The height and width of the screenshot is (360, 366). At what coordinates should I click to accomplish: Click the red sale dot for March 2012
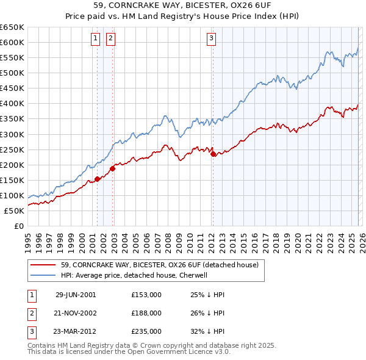213,154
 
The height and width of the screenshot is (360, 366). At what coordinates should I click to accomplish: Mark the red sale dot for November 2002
112,168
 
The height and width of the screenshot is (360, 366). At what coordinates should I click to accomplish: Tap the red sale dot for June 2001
98,179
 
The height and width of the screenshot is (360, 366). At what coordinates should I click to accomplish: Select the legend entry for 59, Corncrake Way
160,265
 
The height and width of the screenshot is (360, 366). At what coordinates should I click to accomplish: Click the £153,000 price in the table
146,295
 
